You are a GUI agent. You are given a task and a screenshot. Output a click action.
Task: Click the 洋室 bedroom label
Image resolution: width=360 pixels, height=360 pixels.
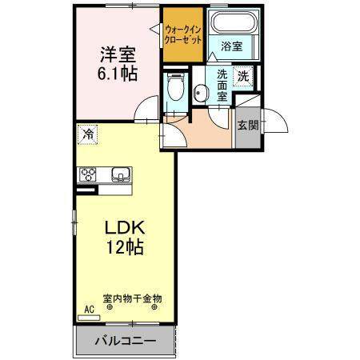click(118, 55)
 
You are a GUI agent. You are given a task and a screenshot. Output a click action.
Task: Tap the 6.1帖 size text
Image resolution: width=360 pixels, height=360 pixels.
click(118, 74)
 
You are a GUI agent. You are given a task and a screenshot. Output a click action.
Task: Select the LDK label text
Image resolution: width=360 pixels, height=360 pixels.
click(125, 228)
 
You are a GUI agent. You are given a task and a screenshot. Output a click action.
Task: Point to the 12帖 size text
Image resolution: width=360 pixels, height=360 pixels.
click(126, 247)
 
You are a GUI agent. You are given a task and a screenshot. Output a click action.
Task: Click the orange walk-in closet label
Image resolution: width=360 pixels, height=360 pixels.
click(183, 34)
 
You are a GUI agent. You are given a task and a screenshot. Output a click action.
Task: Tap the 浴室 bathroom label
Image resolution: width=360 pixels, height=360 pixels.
click(232, 46)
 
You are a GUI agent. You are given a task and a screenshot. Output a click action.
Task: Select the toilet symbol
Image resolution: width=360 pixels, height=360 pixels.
click(175, 86)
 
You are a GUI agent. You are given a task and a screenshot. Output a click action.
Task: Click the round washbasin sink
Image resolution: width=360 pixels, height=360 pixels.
click(200, 93)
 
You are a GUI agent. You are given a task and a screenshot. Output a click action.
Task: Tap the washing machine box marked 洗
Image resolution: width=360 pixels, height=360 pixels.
click(243, 76)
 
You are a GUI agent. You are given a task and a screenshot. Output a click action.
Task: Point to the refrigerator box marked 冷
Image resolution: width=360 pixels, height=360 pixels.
click(88, 134)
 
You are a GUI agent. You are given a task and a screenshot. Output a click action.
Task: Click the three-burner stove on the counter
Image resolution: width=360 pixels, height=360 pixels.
click(87, 174)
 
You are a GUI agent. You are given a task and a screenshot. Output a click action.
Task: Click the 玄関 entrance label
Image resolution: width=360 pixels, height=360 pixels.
click(248, 126)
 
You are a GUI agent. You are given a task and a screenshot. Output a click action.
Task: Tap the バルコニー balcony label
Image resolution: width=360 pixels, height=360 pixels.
click(126, 341)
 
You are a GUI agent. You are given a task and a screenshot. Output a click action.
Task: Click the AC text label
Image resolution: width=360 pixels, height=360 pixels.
click(90, 310)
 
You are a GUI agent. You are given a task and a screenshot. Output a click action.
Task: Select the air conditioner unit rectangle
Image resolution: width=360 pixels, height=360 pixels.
click(89, 318)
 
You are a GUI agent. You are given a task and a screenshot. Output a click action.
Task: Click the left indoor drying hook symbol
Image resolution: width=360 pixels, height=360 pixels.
click(110, 307)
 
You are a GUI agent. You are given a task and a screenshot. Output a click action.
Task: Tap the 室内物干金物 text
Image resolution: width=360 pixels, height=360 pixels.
click(132, 298)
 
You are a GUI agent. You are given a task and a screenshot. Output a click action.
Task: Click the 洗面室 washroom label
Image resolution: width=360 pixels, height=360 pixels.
click(222, 86)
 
